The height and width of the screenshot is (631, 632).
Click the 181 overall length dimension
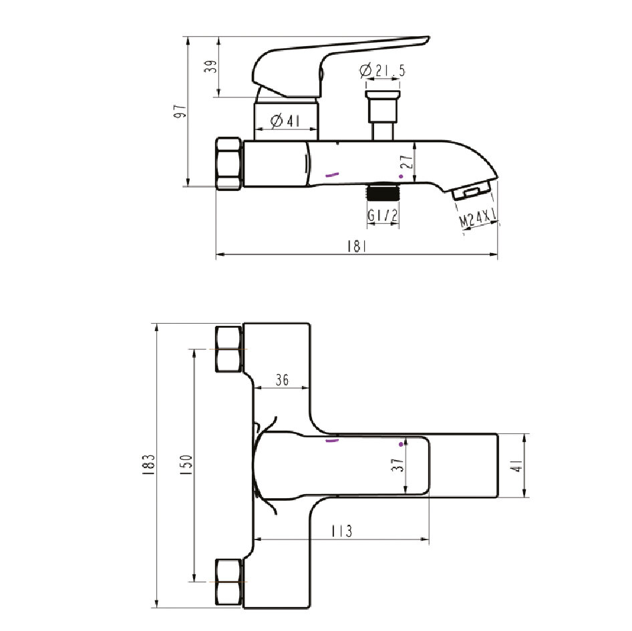(x=357, y=246)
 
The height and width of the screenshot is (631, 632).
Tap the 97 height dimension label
(x=180, y=112)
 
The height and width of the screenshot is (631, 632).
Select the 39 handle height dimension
(x=211, y=66)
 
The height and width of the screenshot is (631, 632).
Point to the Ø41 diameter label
(x=285, y=120)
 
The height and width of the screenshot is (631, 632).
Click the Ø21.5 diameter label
(x=382, y=71)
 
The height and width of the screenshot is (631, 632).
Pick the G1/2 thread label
(x=383, y=215)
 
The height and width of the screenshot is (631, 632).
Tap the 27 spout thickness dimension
(x=408, y=161)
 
